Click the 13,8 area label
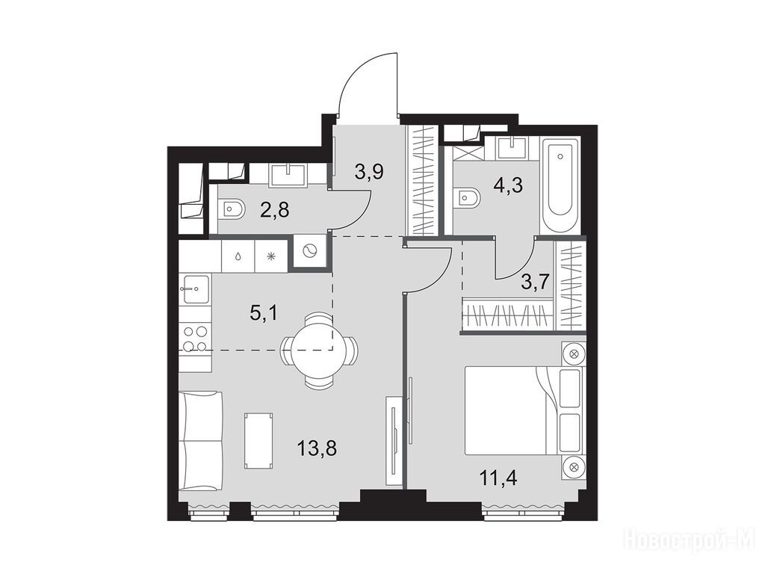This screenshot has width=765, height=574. [x=317, y=448]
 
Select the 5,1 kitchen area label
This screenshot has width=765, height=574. [x=264, y=312]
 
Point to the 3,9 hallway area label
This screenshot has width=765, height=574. [x=370, y=172]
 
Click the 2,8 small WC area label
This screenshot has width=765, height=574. [x=276, y=210]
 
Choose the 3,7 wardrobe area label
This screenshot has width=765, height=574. [x=535, y=282]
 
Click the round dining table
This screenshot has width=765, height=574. [x=318, y=350]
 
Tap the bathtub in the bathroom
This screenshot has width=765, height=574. [x=560, y=186]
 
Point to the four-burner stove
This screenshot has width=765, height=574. [x=195, y=339]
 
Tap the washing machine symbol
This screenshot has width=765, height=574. [x=309, y=252]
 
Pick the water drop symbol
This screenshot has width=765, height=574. [x=238, y=257]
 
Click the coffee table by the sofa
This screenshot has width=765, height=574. [x=258, y=441]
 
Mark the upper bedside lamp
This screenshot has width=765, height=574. [x=573, y=354]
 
